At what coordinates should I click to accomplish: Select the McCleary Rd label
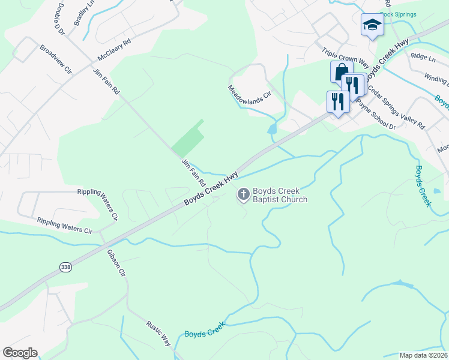coord(114,51)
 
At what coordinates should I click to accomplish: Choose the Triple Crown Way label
coord(345,61)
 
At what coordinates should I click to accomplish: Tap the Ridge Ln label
coord(423,57)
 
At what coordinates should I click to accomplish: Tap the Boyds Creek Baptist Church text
coord(280,196)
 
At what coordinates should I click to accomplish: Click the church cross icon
coord(243,194)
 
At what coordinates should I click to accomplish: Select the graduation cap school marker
coord(372,25)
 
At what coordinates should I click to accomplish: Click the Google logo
coord(20,353)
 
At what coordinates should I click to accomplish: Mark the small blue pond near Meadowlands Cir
coord(272,128)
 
